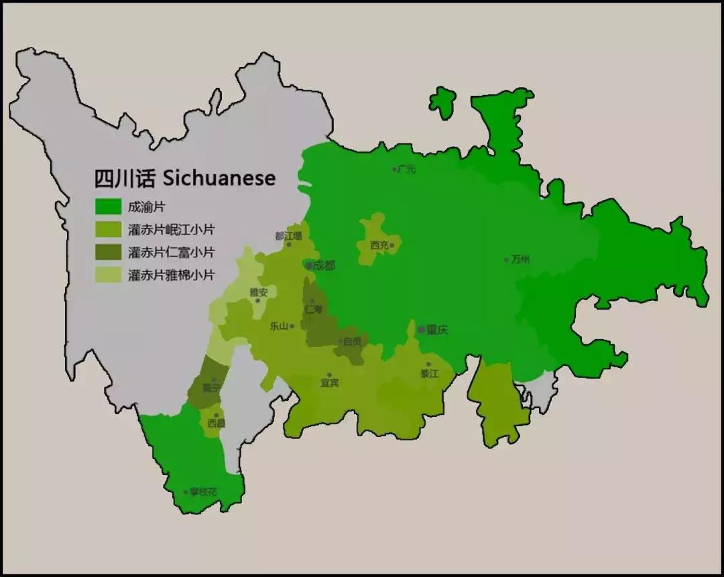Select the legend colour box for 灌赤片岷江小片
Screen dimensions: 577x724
click(x=108, y=230)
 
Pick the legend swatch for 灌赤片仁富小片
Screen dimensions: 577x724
click(x=108, y=253)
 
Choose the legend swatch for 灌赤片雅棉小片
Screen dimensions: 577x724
click(x=108, y=275)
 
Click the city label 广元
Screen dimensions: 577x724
click(x=407, y=170)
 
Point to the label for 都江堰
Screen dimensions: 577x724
click(x=288, y=236)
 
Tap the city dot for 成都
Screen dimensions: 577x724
click(x=309, y=266)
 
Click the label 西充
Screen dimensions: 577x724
click(x=379, y=245)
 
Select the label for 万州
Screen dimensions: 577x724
click(x=520, y=259)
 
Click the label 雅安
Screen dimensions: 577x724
click(x=259, y=292)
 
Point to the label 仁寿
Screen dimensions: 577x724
click(x=313, y=310)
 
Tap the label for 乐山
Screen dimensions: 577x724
click(x=278, y=326)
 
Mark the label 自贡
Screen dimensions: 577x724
click(x=353, y=341)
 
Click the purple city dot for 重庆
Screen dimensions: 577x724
click(x=422, y=330)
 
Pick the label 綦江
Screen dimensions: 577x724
click(x=429, y=373)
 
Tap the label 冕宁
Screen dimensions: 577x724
click(x=211, y=387)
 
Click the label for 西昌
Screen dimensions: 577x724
click(x=216, y=424)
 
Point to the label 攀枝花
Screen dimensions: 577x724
click(x=203, y=492)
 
